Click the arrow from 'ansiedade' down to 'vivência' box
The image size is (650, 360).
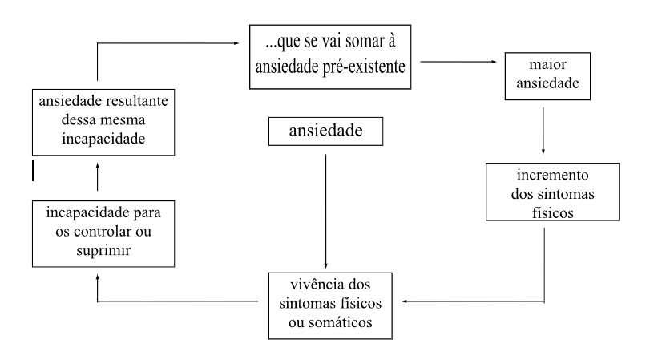[325, 208]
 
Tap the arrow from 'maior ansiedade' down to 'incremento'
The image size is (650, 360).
[544, 128]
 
